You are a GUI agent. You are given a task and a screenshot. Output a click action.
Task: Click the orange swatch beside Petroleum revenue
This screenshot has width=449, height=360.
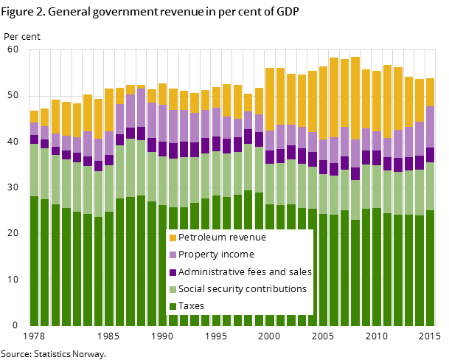coord(173,238)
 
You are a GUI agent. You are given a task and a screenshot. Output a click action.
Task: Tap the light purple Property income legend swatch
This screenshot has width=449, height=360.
coord(173,255)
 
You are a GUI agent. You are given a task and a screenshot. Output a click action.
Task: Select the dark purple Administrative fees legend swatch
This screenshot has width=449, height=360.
coord(173,272)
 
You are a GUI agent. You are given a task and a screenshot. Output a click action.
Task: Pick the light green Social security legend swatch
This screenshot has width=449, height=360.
coord(173,289)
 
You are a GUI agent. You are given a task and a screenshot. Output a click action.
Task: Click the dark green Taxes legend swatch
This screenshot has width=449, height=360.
coord(173,306)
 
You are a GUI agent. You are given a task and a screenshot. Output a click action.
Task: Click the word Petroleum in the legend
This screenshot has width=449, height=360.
coord(203,238)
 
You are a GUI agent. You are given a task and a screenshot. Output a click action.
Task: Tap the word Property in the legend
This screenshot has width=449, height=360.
coord(200,255)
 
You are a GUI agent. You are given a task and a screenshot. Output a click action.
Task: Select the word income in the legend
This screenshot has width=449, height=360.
coord(240,255)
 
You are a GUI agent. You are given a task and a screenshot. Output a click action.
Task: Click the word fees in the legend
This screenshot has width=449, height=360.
coord(262,272)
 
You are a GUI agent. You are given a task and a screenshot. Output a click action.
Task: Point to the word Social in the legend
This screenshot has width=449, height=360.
coord(194,289)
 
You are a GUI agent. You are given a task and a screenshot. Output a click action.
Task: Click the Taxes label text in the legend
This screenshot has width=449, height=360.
coord(192,306)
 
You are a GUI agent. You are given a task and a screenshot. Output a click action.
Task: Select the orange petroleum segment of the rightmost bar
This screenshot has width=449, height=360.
coord(430,92)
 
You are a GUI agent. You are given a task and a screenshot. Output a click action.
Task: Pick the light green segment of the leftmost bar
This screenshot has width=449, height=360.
coord(34,170)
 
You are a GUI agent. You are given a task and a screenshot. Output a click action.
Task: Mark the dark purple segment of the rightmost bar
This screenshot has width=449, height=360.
coord(430,155)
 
